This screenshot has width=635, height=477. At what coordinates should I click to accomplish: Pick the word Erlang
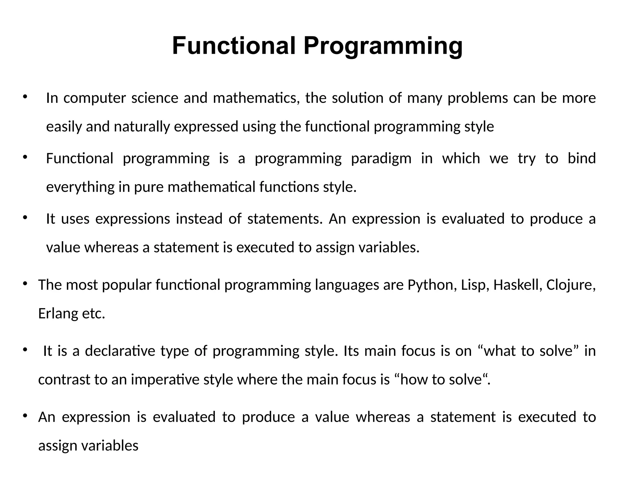(x=58, y=314)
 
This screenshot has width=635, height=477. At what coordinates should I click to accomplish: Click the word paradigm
(x=381, y=159)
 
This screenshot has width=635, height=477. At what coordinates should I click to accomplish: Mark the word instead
(x=199, y=219)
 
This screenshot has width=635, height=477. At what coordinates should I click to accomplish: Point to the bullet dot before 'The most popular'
(x=25, y=283)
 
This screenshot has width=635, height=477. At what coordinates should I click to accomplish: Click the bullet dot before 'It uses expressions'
(x=25, y=217)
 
